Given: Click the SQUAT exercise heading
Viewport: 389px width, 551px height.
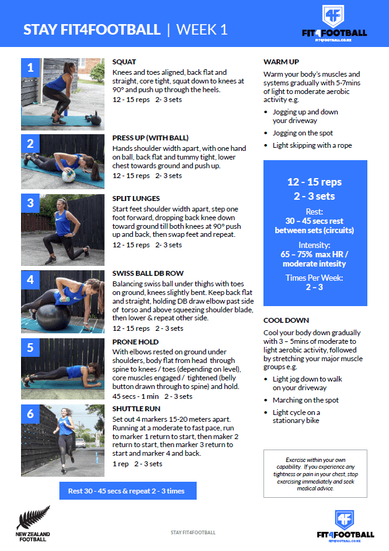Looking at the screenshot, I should (x=124, y=62).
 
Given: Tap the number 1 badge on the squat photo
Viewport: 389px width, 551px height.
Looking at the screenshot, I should (x=30, y=68).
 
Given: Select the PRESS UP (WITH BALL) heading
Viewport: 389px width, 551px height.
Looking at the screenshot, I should (x=150, y=138).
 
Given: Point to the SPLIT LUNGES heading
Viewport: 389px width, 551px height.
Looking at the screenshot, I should (x=136, y=199).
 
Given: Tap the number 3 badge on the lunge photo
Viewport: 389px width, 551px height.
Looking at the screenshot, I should (x=30, y=203).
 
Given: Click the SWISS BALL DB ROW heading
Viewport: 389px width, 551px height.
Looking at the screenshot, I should (x=148, y=273).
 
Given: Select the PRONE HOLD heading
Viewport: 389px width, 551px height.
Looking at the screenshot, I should (x=135, y=342).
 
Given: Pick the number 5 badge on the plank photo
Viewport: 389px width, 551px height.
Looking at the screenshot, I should (x=30, y=348).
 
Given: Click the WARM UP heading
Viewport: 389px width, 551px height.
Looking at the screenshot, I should (x=281, y=62).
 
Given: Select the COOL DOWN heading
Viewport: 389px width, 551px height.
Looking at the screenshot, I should (x=285, y=321).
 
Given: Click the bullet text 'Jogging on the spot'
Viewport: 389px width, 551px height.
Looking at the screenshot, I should (x=302, y=133).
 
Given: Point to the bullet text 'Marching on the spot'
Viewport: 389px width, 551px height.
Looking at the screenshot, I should (x=306, y=400).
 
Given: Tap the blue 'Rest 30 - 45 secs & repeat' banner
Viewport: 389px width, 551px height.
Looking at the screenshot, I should (x=126, y=491).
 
